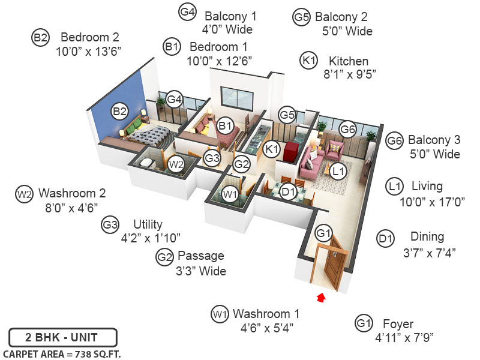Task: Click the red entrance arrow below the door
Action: click(322, 296)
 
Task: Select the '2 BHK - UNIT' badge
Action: click(62, 337)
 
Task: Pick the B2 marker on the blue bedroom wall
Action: click(120, 111)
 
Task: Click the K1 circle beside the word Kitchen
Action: click(309, 61)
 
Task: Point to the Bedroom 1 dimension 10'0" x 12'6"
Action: click(219, 61)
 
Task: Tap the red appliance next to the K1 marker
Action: click(292, 151)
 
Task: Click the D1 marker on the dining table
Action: click(289, 192)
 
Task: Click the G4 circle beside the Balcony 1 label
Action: click(187, 11)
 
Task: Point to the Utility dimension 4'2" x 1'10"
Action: click(151, 238)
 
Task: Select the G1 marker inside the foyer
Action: click(324, 233)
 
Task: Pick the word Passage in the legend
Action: click(200, 256)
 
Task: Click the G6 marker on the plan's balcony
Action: click(348, 129)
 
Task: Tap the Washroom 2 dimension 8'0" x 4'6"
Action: click(67, 208)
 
